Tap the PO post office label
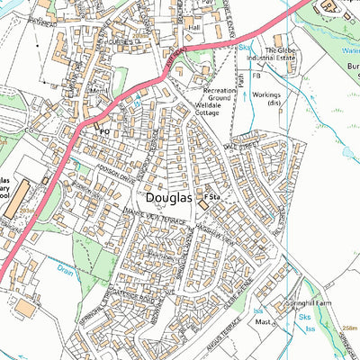[104, 131]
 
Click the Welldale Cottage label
[215, 111]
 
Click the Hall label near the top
[193, 28]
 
